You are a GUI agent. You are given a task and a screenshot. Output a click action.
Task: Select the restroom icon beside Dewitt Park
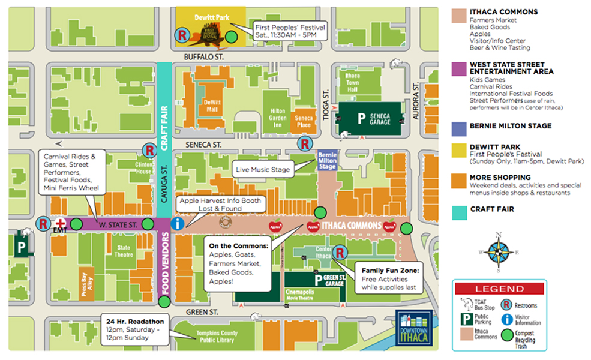pyautogui.click(x=180, y=35)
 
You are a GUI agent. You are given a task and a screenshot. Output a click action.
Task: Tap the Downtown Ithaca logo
pyautogui.click(x=414, y=328)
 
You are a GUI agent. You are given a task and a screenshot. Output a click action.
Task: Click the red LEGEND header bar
pyautogui.click(x=499, y=289)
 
